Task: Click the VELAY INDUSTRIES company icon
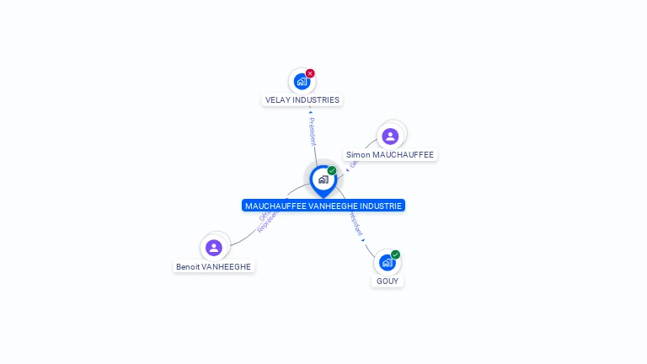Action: (302, 82)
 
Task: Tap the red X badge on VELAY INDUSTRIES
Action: (310, 73)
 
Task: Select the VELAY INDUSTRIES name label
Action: (302, 99)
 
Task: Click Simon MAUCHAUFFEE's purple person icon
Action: (390, 136)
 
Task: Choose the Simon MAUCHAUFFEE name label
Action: (390, 155)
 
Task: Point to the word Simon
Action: (357, 155)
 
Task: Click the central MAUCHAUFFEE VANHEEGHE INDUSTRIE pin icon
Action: (323, 179)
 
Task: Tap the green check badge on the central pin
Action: (332, 171)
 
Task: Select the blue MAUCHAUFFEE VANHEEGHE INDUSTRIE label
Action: (323, 206)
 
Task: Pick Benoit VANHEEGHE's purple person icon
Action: (214, 247)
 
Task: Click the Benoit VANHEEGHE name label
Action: (213, 266)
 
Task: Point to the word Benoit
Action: (188, 266)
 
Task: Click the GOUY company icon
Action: (387, 262)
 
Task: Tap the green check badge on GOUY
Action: (395, 254)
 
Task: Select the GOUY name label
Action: (388, 281)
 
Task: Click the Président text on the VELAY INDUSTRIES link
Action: (313, 131)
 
